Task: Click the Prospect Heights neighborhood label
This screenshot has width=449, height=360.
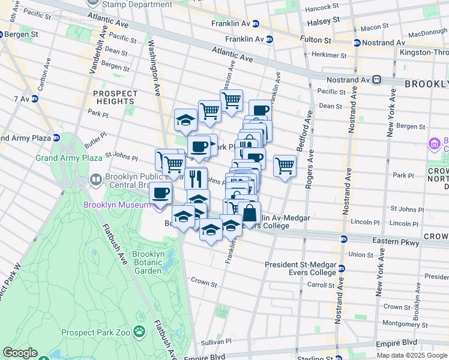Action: click(x=114, y=97)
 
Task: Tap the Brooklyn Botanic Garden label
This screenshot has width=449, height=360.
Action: click(x=148, y=262)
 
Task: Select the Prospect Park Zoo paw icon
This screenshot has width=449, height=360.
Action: click(x=139, y=331)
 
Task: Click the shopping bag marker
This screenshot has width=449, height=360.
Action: click(x=250, y=212)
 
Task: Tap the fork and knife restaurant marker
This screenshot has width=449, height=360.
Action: click(x=196, y=178)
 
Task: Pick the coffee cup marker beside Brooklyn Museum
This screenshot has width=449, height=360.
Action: click(x=160, y=194)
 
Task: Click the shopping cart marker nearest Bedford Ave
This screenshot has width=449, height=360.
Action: click(x=285, y=166)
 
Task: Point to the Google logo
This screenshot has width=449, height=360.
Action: click(x=20, y=353)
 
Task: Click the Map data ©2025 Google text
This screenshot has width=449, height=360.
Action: click(x=412, y=355)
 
